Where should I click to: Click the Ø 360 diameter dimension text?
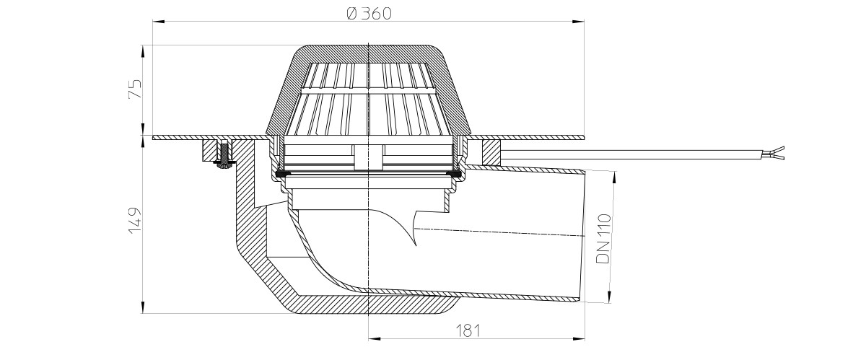coord(369,14)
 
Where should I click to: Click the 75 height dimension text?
coord(136,89)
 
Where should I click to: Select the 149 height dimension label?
coord(136,221)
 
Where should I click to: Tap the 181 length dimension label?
coord(468,330)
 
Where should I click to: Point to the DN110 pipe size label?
coord(604,239)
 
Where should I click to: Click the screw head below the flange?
coord(224,165)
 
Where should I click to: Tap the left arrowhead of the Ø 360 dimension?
coord(159,21)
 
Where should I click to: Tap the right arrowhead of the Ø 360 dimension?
coord(578,21)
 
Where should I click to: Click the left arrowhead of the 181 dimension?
coord(375,339)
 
